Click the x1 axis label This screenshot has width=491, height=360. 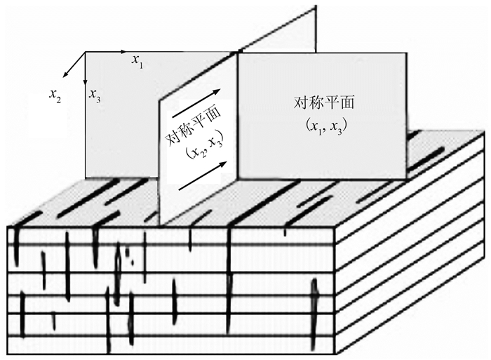137,61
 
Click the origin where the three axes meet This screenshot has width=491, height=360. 86,52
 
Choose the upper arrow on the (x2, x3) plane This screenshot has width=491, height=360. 200,101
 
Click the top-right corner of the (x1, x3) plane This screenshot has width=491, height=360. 407,53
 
